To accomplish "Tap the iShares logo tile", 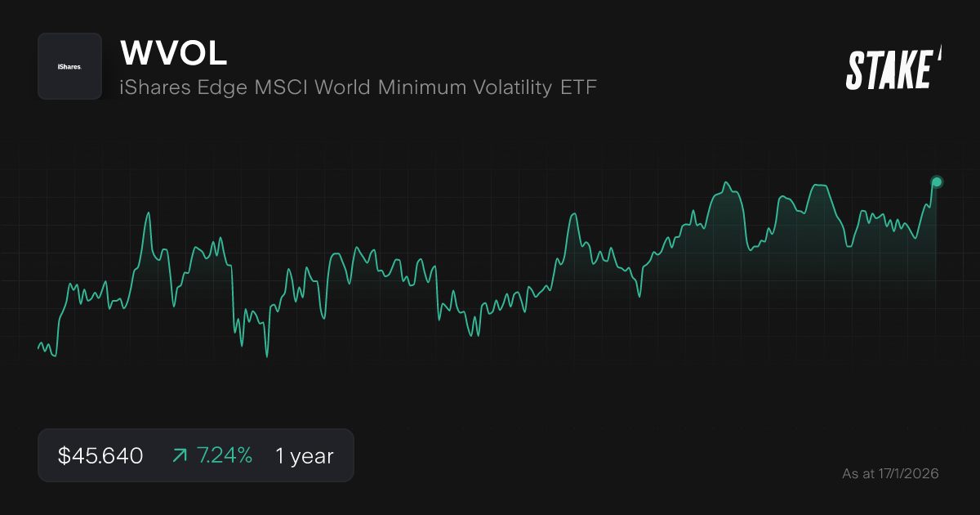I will point(69,66).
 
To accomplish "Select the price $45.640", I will point(100,455).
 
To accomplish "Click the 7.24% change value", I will point(225,455).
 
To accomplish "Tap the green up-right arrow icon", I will point(180,455).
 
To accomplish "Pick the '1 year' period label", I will point(305,455).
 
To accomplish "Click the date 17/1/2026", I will point(906,473).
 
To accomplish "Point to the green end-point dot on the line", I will point(937,181).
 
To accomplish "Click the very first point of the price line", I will point(38,349).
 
